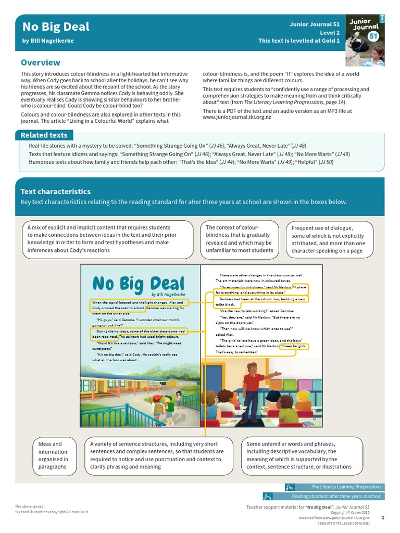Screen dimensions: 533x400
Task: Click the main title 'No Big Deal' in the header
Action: coord(55,27)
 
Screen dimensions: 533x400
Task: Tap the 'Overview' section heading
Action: coord(40,62)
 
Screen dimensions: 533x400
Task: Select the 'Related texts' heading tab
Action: coord(44,135)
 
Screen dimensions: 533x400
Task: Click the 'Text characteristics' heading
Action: coord(55,192)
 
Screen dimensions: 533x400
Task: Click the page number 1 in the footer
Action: coord(383,518)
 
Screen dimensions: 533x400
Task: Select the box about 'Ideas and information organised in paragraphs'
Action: coord(53,455)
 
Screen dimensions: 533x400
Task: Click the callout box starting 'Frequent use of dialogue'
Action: coord(329,239)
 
